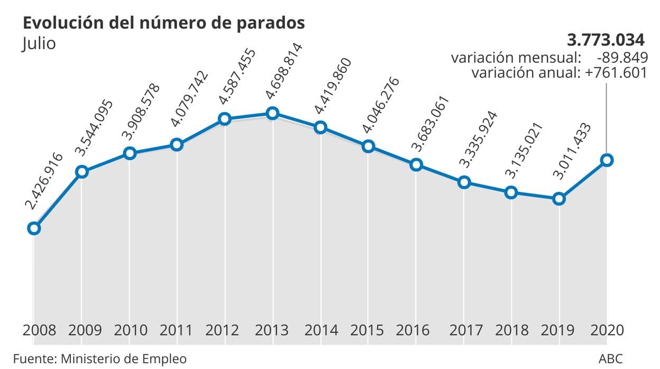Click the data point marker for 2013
(x=272, y=113)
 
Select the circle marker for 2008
(x=34, y=228)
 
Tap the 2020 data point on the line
(x=607, y=160)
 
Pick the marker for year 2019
(x=559, y=199)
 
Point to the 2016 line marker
(x=416, y=165)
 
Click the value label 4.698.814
(x=285, y=71)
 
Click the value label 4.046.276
(x=380, y=105)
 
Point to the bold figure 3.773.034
(x=606, y=40)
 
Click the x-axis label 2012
(x=223, y=330)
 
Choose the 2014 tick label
(x=322, y=330)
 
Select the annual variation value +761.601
(x=616, y=72)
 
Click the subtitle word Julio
(x=39, y=43)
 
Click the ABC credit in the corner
(x=610, y=359)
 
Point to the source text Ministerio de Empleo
(x=124, y=359)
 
